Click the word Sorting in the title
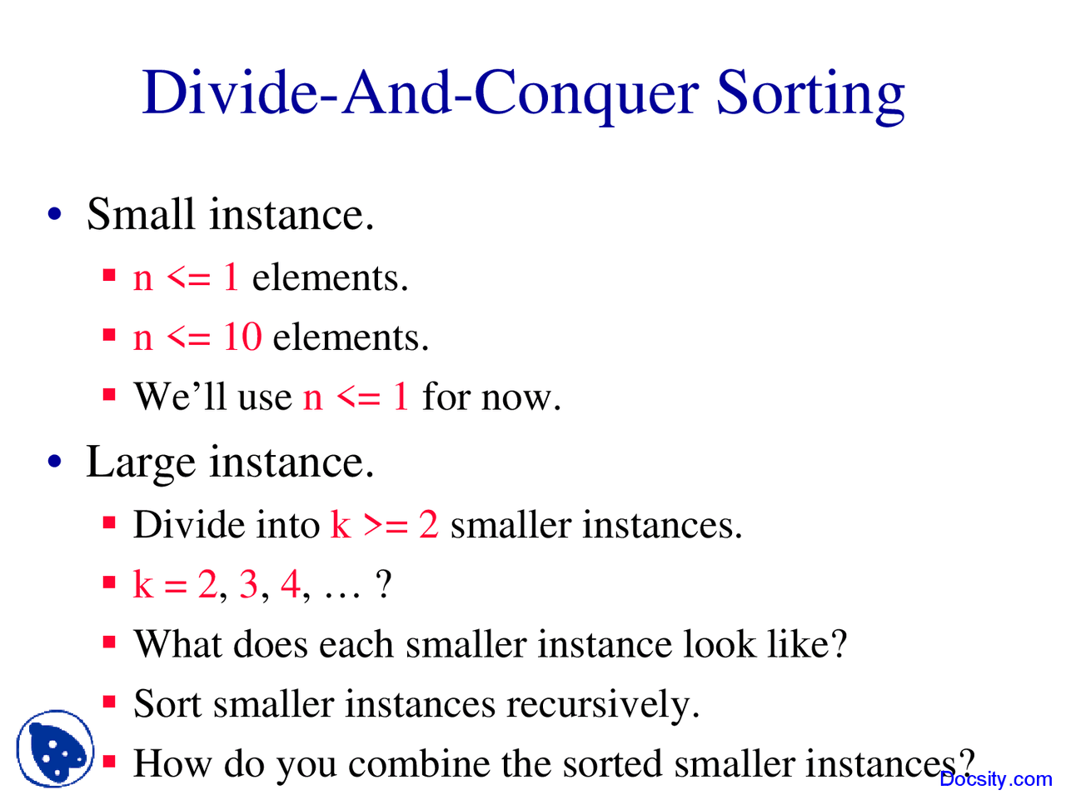(809, 93)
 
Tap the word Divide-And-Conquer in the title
(421, 93)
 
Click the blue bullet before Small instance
(55, 215)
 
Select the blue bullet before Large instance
(55, 462)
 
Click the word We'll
(180, 397)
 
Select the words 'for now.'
(491, 397)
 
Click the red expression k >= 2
(384, 525)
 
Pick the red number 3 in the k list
(248, 585)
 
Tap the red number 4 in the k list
(290, 585)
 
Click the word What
(180, 644)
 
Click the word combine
(431, 763)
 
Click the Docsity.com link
(996, 779)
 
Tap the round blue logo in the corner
(55, 748)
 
